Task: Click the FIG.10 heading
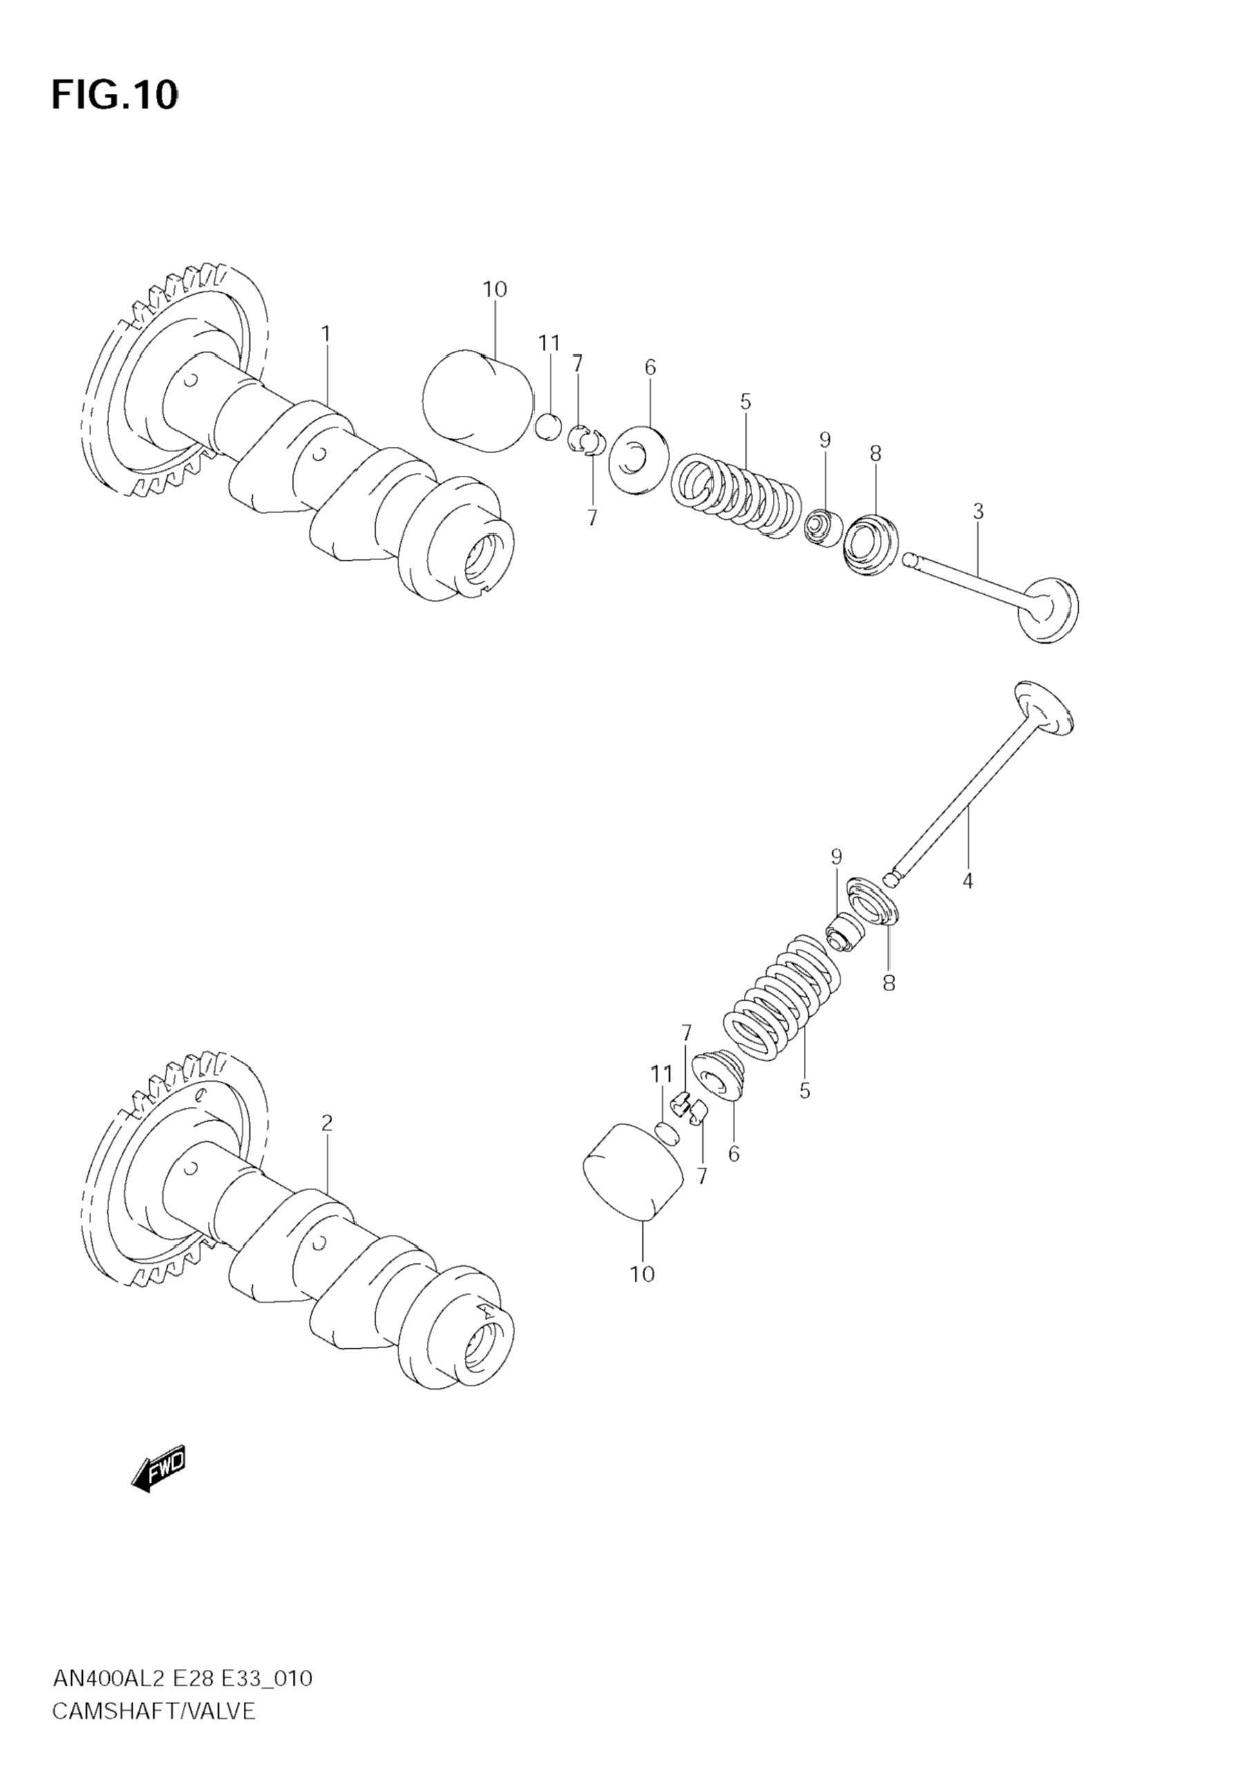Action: (x=115, y=95)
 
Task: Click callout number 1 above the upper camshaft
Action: (x=325, y=334)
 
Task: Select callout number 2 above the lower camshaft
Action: (x=327, y=1123)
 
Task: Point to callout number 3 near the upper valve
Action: (x=977, y=510)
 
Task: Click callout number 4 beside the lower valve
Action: (x=968, y=881)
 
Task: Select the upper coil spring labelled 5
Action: (x=736, y=494)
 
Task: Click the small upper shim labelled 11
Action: (x=548, y=427)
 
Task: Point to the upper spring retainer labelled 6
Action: (x=638, y=459)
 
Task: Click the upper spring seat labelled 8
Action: (x=871, y=543)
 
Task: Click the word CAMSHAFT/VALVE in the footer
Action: (x=153, y=1711)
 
